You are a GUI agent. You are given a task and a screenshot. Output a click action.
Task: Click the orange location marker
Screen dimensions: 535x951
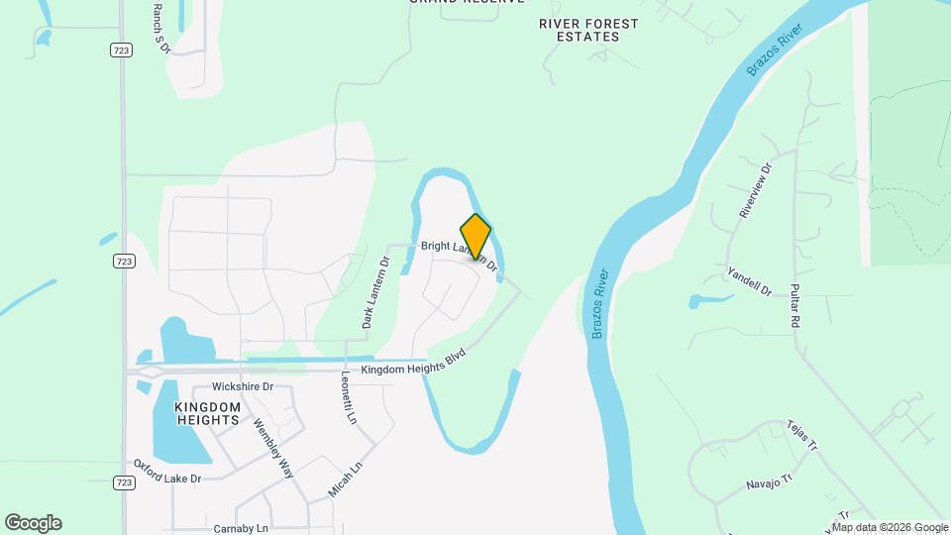475,236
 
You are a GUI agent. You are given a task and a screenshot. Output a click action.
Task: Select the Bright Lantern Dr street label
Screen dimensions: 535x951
458,253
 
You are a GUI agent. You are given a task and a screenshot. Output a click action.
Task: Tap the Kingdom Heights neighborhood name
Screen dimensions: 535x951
207,413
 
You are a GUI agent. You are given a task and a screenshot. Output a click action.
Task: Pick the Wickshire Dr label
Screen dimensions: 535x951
243,386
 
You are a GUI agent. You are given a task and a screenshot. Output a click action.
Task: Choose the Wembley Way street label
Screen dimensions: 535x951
273,449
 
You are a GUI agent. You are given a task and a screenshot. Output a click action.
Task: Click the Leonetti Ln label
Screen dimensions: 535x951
348,405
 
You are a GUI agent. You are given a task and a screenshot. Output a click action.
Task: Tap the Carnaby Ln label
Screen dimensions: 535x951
241,529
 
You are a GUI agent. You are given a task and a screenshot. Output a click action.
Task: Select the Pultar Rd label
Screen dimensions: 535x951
794,306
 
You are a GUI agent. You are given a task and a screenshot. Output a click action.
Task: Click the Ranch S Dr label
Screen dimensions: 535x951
162,27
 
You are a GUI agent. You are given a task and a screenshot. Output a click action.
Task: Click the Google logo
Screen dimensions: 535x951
33,523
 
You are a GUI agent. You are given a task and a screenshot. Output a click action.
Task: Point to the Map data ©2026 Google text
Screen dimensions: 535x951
890,527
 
